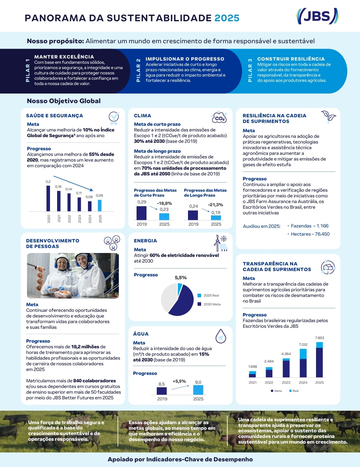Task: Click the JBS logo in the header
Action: click(317, 16)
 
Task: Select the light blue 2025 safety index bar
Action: click(100, 206)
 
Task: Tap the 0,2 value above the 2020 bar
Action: click(48, 182)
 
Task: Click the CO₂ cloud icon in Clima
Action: click(219, 117)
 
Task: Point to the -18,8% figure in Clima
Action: click(164, 203)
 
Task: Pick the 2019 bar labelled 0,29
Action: click(142, 213)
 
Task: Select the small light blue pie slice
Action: click(180, 289)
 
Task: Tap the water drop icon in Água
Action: click(221, 336)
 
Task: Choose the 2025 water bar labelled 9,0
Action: click(198, 390)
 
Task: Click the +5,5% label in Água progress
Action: click(179, 381)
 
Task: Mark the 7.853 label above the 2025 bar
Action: click(319, 338)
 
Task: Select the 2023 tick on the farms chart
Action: click(286, 382)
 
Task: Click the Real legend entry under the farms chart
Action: click(294, 391)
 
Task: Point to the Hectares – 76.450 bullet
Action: click(309, 234)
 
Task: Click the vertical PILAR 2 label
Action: click(138, 70)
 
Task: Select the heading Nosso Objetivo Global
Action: click(63, 101)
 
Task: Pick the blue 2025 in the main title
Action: click(227, 18)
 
